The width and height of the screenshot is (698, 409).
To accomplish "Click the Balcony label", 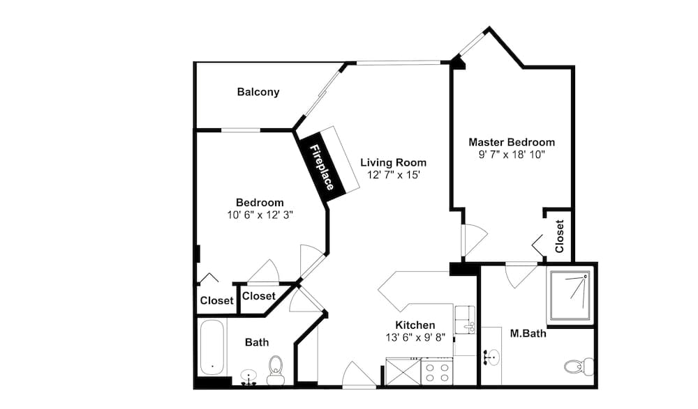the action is [x=258, y=92].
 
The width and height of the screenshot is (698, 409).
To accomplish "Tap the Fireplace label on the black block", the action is [x=322, y=167].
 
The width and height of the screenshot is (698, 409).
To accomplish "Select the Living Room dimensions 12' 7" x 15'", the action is [x=394, y=175].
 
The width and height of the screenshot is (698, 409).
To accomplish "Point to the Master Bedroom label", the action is [x=512, y=142].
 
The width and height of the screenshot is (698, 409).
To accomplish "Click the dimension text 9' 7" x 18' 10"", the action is [x=512, y=155].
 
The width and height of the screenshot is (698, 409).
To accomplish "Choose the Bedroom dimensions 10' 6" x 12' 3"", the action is [x=260, y=215].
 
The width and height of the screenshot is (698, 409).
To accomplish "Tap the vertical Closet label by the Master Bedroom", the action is [x=560, y=236].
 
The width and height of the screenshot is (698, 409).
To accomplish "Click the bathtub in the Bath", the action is [x=212, y=348].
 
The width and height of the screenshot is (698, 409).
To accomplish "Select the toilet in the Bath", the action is [x=276, y=370].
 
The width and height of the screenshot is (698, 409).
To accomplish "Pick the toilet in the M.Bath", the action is [x=579, y=366].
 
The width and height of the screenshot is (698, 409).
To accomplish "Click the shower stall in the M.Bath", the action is [x=571, y=295].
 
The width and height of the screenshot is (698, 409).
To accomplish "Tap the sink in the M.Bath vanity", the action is [x=491, y=357].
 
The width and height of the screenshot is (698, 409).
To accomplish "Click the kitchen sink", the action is [x=465, y=320].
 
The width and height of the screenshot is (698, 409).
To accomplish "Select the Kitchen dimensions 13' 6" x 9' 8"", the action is [x=415, y=337].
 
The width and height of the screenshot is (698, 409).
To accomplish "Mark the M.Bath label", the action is [x=528, y=333].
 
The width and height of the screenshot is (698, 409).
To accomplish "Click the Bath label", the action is [x=257, y=342].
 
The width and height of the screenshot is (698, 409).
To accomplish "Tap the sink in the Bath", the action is [x=248, y=376].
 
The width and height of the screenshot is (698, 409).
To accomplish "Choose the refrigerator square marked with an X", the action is [x=403, y=372].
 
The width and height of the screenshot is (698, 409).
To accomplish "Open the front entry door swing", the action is [x=359, y=375].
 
